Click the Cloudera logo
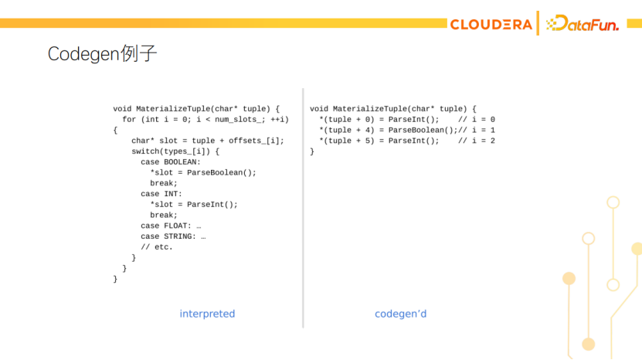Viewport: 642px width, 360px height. (491, 25)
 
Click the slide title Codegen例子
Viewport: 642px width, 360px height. (103, 54)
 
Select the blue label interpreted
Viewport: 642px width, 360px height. (207, 314)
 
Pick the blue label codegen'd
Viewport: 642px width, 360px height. (400, 314)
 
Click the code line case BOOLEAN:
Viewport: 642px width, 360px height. (171, 162)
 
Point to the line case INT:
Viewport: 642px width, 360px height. (161, 194)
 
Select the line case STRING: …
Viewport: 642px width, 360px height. (173, 236)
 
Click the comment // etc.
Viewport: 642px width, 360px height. (157, 247)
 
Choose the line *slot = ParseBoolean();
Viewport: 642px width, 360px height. (203, 172)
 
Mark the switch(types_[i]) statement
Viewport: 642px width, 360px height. (175, 151)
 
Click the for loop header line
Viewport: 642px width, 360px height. (206, 119)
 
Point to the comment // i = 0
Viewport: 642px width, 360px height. (477, 120)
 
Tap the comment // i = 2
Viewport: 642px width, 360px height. (477, 141)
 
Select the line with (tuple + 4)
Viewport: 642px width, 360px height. (388, 130)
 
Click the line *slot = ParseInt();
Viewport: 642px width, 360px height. (194, 205)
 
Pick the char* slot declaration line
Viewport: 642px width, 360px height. (208, 141)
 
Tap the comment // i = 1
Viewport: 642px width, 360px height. (477, 130)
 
